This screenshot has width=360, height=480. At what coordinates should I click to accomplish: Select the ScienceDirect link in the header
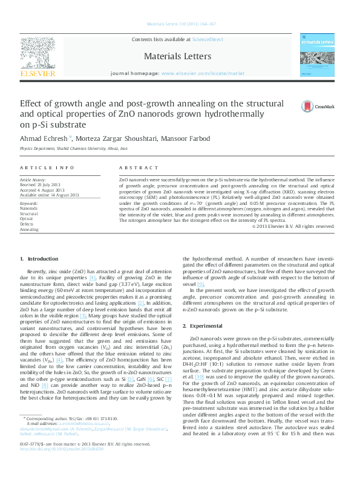click(x=208, y=40)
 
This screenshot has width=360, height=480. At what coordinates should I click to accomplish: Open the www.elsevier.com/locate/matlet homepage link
click(x=203, y=73)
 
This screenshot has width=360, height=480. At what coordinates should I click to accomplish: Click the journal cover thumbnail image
click(x=318, y=55)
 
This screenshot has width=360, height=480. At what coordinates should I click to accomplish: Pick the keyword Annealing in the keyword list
click(x=30, y=230)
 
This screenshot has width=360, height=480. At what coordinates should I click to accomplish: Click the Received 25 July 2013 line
click(x=44, y=185)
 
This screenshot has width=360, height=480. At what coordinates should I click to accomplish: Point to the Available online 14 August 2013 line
click(x=50, y=195)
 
